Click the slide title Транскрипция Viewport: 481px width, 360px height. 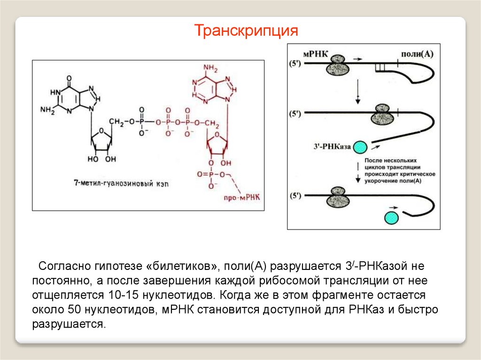click(x=247, y=31)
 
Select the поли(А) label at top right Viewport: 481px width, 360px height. click(x=416, y=54)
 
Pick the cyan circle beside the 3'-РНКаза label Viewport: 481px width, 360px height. click(x=361, y=147)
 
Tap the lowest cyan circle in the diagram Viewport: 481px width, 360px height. click(x=391, y=218)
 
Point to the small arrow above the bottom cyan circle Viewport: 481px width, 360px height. click(x=391, y=207)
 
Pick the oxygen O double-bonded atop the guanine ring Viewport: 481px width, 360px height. click(x=69, y=78)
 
